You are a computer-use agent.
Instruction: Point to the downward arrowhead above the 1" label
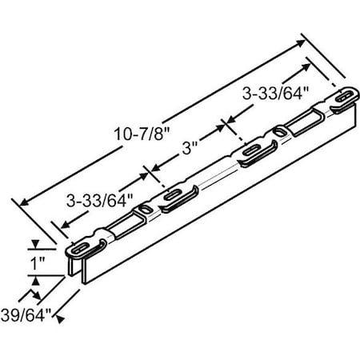pyautogui.click(x=34, y=248)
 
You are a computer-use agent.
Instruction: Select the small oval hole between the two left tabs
pyautogui.click(x=143, y=210)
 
